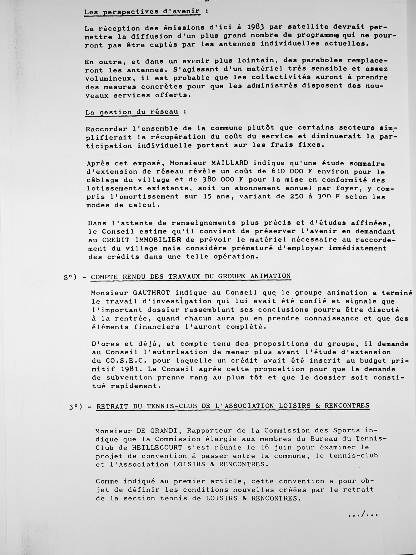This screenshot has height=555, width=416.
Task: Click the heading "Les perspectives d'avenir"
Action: [142, 12]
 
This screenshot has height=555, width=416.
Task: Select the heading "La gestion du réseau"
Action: [132, 112]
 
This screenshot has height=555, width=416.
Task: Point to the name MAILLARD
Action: [230, 163]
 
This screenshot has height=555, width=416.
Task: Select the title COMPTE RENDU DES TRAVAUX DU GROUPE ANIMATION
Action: [190, 276]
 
